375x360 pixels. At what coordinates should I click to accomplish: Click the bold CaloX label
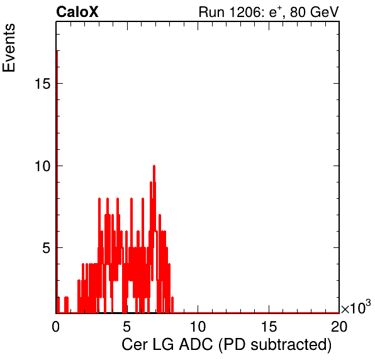point(77,12)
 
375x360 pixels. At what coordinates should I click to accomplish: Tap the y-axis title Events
point(9,48)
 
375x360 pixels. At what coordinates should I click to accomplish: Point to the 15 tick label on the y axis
point(43,84)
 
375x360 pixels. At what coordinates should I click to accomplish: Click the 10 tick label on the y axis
point(43,166)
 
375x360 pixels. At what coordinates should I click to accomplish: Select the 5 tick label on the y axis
point(47,248)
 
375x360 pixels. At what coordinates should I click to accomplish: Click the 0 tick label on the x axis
point(56,326)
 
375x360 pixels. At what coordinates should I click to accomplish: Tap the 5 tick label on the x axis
point(126,326)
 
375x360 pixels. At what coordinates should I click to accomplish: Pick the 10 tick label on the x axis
point(198,326)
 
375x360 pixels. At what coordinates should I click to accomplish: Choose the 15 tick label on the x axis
point(269,326)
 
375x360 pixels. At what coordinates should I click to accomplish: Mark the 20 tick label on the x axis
point(339,326)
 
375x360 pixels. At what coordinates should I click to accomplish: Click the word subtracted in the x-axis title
point(291,344)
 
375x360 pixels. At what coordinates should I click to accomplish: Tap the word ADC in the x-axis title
point(196,344)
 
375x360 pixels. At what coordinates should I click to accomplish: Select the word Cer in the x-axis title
point(134,344)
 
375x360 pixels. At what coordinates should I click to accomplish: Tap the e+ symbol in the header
point(276,12)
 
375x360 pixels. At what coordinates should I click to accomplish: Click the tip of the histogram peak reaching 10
point(154,166)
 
